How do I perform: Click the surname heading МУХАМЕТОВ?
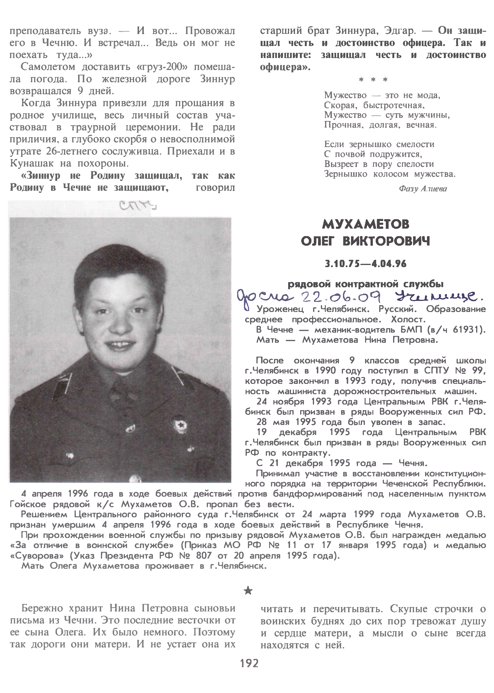(365, 225)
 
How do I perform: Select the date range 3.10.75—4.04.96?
(365, 264)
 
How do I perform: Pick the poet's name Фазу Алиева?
(423, 189)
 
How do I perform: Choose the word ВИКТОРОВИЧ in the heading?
(386, 242)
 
